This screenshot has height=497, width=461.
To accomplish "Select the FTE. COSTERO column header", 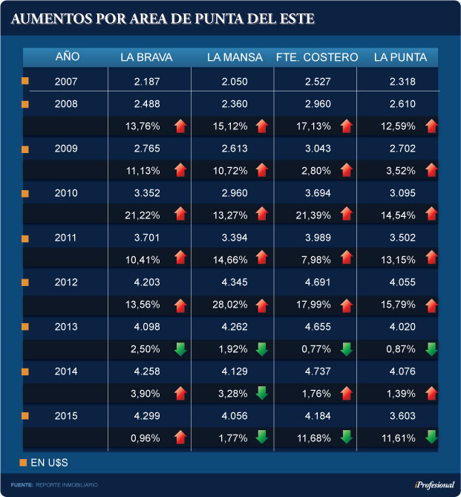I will click(x=316, y=57).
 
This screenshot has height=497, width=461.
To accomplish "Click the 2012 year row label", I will click(x=68, y=283).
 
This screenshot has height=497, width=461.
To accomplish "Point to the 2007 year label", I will click(x=68, y=82).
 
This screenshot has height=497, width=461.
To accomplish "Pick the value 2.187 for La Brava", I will click(x=147, y=82).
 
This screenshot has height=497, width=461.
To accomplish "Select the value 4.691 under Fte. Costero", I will click(x=313, y=283).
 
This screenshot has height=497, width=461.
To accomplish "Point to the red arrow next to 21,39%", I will click(x=344, y=215).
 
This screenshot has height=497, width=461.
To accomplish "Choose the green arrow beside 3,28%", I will click(x=261, y=393).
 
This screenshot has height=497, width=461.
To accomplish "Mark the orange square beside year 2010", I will click(x=25, y=193).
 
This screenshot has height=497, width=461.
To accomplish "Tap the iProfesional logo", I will click(x=426, y=484).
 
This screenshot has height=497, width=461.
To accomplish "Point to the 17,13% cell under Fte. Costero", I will click(x=313, y=126).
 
